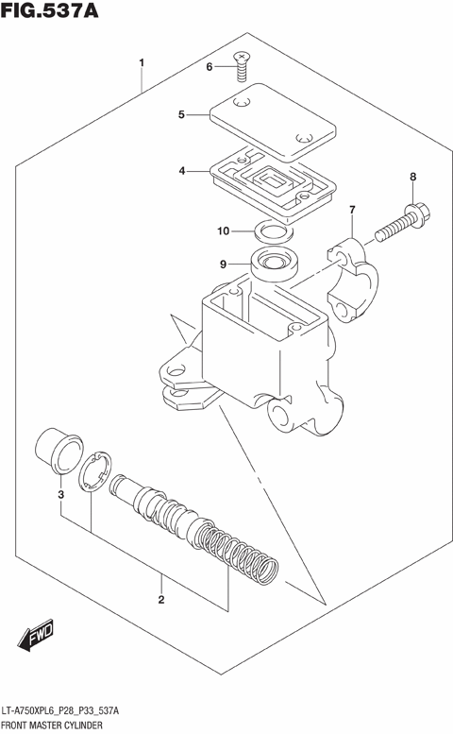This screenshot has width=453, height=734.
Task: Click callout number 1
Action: click(142, 64)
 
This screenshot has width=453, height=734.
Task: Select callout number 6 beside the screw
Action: click(210, 66)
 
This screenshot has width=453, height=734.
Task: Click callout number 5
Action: click(181, 115)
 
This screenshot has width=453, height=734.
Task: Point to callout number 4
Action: click(181, 171)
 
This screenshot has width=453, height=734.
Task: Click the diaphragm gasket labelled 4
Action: click(270, 179)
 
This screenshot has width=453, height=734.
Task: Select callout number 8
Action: click(411, 177)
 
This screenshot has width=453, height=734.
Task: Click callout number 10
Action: click(223, 230)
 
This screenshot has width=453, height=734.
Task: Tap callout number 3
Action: click(59, 494)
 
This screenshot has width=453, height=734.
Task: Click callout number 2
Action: click(161, 599)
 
